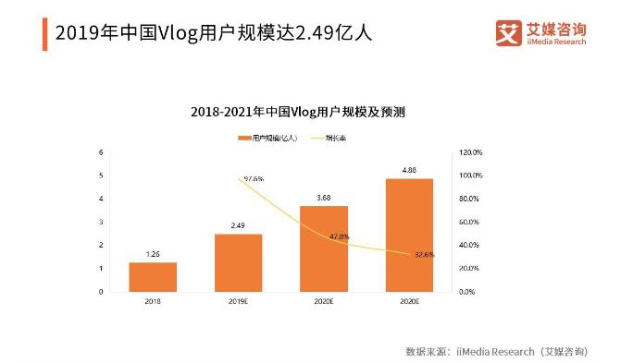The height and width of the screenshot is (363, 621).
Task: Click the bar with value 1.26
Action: tap(153, 276)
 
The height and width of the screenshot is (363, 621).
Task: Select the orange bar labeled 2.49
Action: tap(239, 262)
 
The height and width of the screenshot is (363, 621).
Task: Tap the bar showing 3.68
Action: tap(324, 248)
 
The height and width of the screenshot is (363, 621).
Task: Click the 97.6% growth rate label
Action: tap(255, 178)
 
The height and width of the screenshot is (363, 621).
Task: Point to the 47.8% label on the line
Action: tap(340, 237)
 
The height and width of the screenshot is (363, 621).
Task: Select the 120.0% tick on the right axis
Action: tap(472, 152)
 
